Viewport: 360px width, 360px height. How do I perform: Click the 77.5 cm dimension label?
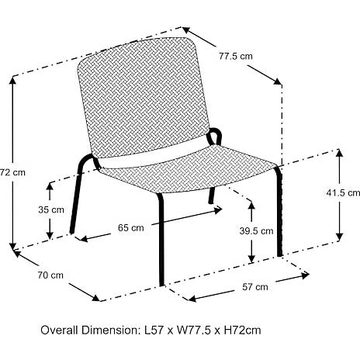(x=236, y=56)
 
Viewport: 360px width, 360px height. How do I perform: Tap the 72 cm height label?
(x=12, y=172)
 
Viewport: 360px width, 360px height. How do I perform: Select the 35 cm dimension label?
(x=51, y=209)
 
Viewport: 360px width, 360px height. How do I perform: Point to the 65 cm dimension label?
(x=131, y=228)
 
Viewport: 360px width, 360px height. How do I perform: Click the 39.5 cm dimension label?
(x=256, y=231)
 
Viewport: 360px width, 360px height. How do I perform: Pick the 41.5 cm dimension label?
(x=343, y=192)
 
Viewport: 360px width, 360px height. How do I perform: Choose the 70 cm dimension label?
(x=50, y=275)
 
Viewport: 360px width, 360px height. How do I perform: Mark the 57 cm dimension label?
(x=255, y=287)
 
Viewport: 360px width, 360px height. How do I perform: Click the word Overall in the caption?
(x=59, y=331)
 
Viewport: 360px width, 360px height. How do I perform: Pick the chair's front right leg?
(x=279, y=211)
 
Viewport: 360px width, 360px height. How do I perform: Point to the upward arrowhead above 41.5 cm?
(x=339, y=153)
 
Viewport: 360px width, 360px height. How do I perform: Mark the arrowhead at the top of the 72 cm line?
(x=12, y=81)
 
